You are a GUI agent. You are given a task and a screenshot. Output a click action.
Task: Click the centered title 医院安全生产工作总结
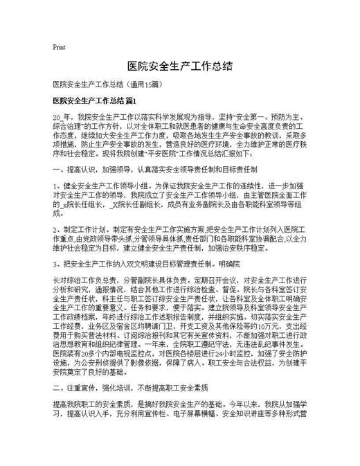point(180,66)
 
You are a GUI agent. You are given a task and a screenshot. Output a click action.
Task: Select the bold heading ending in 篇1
point(89,101)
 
